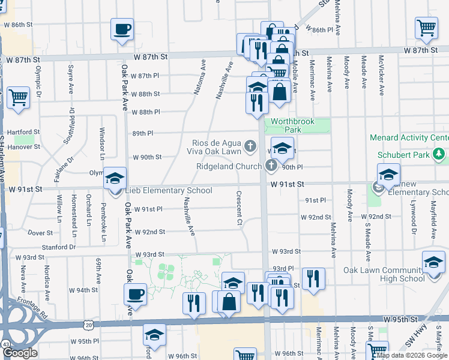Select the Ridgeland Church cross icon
[x=271, y=164]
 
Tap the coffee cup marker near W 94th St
[x=135, y=294]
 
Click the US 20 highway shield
[x=89, y=325]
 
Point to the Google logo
[x=20, y=353]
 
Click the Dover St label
[x=41, y=232]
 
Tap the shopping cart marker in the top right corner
[x=426, y=27]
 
